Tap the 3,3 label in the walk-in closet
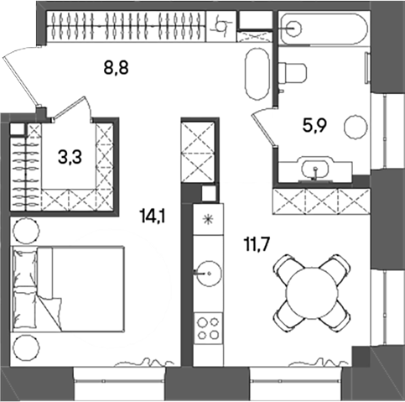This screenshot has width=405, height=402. [70, 155]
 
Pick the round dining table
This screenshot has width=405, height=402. [312, 293]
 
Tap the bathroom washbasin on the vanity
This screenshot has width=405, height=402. [316, 170]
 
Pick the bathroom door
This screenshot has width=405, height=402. [263, 126]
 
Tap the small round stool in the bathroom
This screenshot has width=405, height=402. [356, 127]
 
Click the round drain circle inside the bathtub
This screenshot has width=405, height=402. [293, 28]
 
